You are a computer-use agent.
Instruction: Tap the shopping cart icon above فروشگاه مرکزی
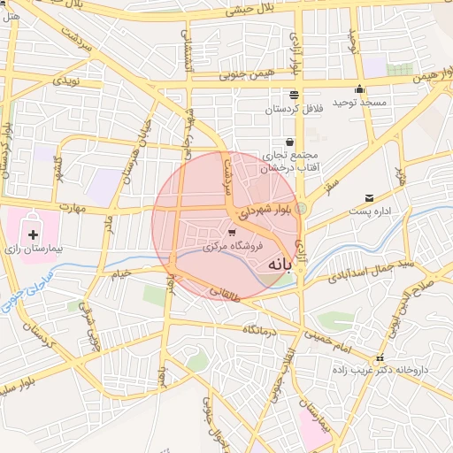click(232, 233)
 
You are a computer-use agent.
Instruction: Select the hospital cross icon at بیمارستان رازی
click(34, 234)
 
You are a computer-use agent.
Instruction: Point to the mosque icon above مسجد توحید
click(359, 89)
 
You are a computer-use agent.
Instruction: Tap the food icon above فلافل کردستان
click(293, 95)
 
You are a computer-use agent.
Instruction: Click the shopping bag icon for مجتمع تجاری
click(289, 142)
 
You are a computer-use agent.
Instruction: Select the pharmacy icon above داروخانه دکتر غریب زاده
click(380, 358)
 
